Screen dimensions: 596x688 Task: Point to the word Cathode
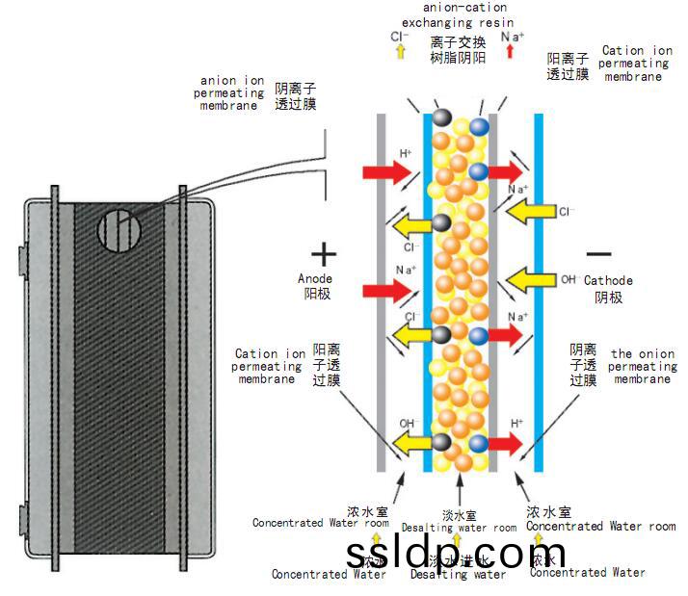[x=609, y=281]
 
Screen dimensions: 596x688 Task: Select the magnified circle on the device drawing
[x=119, y=232]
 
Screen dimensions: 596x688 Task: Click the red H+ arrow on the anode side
[x=385, y=172]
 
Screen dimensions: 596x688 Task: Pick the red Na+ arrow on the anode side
[x=385, y=288]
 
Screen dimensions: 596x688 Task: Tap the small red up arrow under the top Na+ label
[x=511, y=55]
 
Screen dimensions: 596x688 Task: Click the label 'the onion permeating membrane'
[x=642, y=367]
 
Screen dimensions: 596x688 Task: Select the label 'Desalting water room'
[x=459, y=528]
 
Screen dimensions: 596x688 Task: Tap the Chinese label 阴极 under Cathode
[x=609, y=298]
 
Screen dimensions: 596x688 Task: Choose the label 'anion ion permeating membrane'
[x=231, y=92]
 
